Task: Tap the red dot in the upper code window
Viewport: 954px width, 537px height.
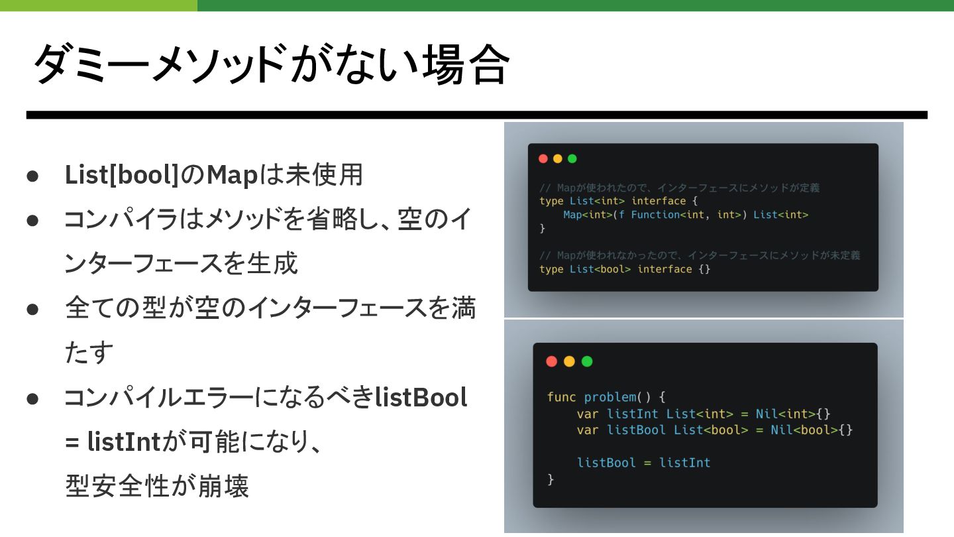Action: click(543, 158)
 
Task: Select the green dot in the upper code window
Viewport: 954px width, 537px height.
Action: click(572, 158)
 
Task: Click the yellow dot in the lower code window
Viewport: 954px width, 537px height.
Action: click(569, 361)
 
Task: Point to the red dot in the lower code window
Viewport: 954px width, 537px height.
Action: click(551, 361)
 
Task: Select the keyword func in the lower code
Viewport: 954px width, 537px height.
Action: click(561, 397)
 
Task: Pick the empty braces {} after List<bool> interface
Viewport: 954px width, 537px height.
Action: click(704, 269)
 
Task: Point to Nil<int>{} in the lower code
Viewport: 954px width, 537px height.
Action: click(793, 414)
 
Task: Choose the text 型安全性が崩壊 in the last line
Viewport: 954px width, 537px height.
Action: click(157, 486)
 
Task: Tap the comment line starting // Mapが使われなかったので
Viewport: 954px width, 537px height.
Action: click(700, 255)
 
